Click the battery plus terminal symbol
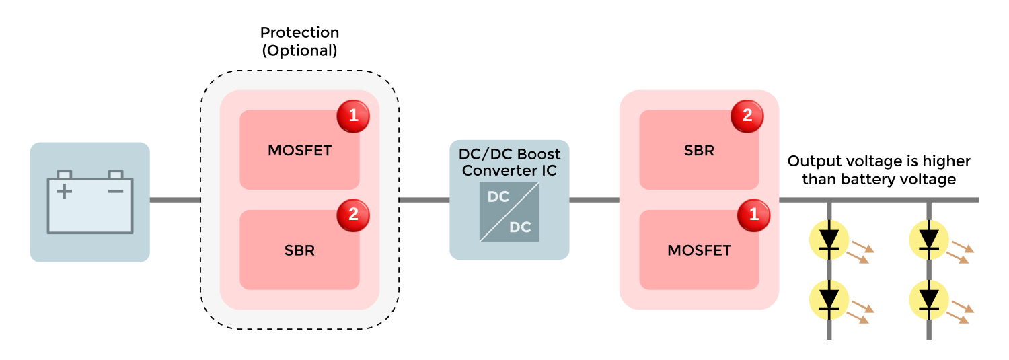tap(64, 192)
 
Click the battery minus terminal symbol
tap(116, 192)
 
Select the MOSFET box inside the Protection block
tap(299, 150)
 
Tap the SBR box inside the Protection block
tap(299, 250)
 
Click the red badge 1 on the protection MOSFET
tap(353, 117)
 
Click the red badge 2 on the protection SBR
tap(353, 215)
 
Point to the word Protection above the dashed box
tap(299, 32)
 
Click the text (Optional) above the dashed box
tap(299, 50)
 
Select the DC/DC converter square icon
tap(509, 211)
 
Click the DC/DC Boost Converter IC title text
tap(509, 163)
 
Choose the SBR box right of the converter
tap(699, 150)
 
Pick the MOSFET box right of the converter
tap(699, 250)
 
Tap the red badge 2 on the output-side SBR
tap(747, 116)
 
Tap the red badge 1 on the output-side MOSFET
tap(753, 215)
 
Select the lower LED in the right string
tap(929, 298)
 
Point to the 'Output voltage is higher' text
tap(879, 161)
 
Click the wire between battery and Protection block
tap(175, 200)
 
